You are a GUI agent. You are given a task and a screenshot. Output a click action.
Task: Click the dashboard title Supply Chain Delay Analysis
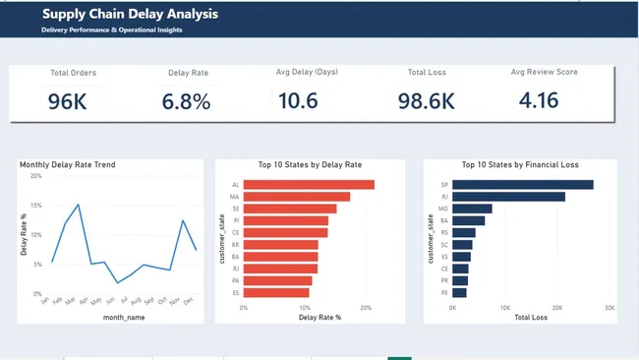tap(130, 15)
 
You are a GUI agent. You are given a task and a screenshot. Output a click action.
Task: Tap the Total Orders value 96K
tap(67, 100)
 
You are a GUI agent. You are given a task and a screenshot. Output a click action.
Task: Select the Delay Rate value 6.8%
tap(187, 100)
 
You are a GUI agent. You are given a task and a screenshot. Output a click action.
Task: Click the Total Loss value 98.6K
tap(426, 100)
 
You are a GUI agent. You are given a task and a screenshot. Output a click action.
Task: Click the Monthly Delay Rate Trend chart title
tap(68, 164)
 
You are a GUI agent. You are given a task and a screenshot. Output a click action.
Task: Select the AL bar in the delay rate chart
tap(309, 184)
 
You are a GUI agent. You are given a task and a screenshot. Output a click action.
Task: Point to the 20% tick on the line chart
tap(35, 176)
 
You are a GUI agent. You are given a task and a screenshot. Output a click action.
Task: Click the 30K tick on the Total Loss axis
tap(610, 307)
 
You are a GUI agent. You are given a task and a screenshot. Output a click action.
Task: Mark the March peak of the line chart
tap(78, 205)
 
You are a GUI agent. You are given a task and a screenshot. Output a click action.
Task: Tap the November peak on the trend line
tap(183, 221)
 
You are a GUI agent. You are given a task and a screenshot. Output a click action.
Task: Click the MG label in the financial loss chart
tap(444, 209)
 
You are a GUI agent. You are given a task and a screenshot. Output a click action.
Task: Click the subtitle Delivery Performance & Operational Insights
tap(111, 30)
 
